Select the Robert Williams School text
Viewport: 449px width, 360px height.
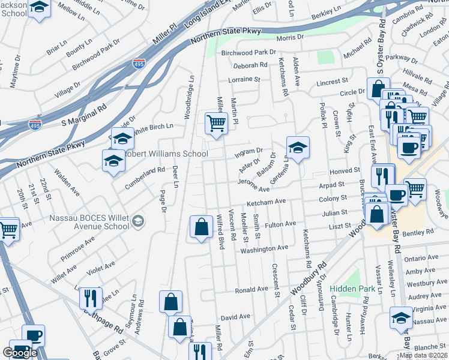tap(167, 154)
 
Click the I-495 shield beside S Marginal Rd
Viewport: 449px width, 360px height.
tap(34, 125)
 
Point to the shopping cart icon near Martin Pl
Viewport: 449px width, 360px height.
tap(216, 124)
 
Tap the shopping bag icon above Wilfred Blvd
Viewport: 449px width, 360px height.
tap(200, 227)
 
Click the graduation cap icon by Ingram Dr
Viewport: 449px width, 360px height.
tap(298, 146)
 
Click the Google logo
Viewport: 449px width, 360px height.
tap(20, 352)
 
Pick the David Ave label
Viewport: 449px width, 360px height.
tap(235, 316)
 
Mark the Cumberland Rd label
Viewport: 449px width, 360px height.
tap(144, 178)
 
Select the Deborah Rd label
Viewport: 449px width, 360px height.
tap(251, 65)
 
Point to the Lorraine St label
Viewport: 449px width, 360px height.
tap(244, 79)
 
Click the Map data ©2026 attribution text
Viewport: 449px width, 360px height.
tap(423, 355)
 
